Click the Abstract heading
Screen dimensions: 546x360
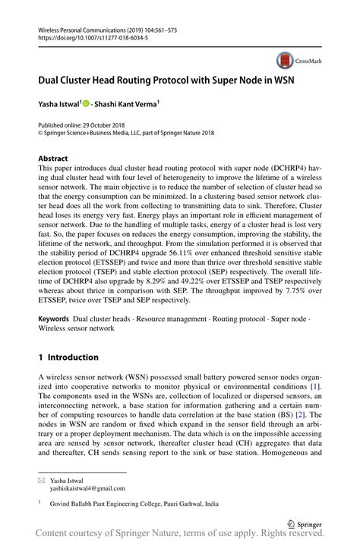[53, 159]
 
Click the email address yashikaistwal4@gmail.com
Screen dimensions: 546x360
[87, 489]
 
